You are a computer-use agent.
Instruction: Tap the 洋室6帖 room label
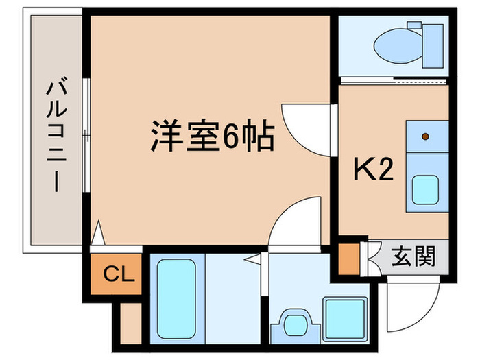(x=213, y=136)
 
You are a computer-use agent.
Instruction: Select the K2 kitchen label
(x=373, y=169)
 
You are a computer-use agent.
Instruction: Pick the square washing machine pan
(x=343, y=317)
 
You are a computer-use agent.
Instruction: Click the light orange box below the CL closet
(x=130, y=322)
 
